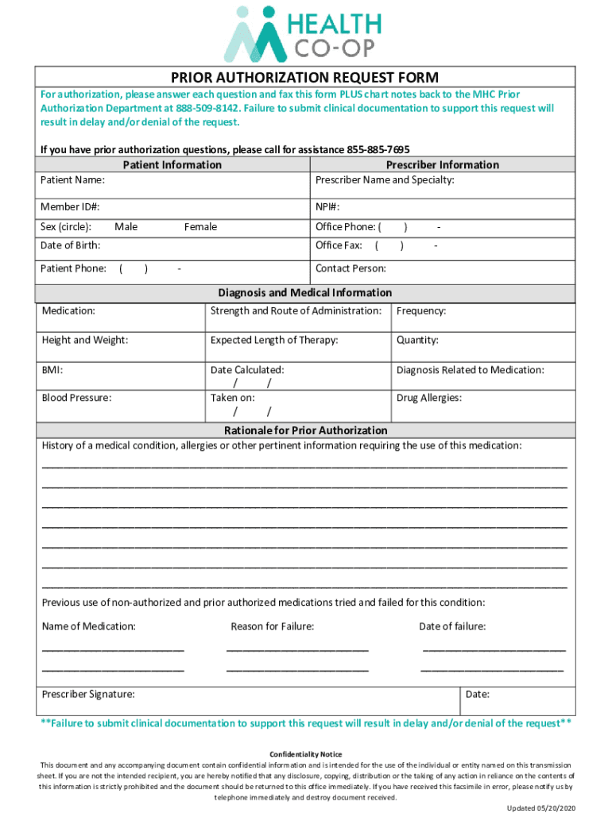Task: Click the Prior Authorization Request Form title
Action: click(305, 77)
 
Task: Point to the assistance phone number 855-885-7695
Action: click(378, 150)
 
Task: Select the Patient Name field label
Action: click(72, 180)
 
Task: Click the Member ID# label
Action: click(71, 207)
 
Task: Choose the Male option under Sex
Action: click(126, 227)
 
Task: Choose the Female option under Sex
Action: click(200, 227)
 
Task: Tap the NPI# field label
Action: click(327, 207)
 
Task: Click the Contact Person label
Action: click(351, 268)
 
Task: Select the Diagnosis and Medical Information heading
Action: click(305, 293)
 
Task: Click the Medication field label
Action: click(68, 310)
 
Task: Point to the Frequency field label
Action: click(421, 311)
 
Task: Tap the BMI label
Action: click(52, 370)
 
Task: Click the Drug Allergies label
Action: click(429, 397)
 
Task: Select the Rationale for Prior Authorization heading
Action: click(305, 430)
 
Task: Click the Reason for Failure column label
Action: click(272, 626)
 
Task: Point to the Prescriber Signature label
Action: click(88, 694)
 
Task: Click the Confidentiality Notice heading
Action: click(306, 753)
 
